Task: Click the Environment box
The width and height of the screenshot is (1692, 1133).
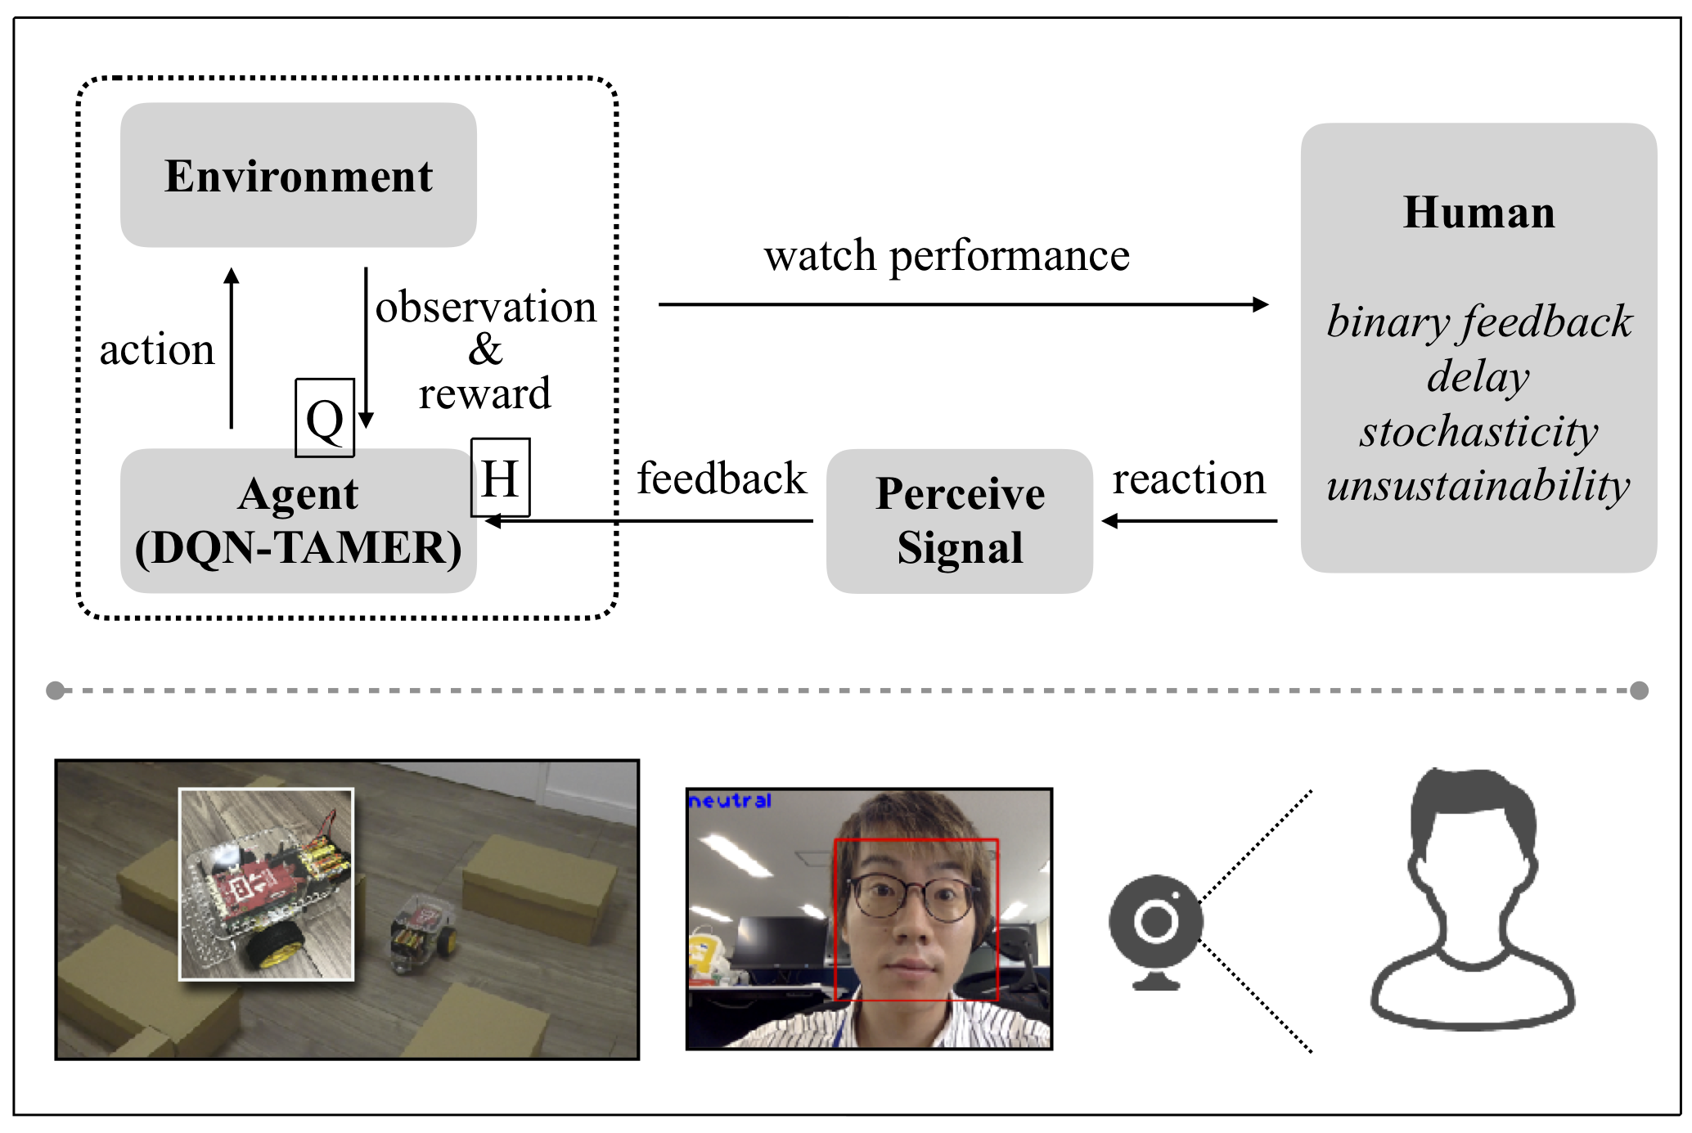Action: tap(298, 175)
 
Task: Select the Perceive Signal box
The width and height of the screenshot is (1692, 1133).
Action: tap(959, 520)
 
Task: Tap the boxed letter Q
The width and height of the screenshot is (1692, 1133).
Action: tap(325, 418)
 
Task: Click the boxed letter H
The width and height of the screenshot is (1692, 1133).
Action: tap(500, 478)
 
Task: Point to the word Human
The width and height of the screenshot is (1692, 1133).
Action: tap(1478, 213)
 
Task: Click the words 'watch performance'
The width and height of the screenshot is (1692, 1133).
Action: tap(947, 255)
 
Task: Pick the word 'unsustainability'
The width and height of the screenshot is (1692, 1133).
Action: tap(1478, 485)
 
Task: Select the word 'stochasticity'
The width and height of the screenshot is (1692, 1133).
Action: tap(1478, 431)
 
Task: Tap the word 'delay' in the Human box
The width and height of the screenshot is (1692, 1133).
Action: tap(1478, 376)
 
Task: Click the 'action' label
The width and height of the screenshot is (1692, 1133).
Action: tap(157, 349)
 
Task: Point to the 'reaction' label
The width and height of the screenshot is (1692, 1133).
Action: tap(1189, 479)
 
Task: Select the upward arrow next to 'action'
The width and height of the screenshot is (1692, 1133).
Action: tap(232, 348)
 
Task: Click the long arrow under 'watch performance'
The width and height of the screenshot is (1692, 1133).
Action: tap(962, 304)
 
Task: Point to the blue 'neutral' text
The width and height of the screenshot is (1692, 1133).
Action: tap(730, 801)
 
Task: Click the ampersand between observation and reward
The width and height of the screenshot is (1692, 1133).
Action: tap(485, 350)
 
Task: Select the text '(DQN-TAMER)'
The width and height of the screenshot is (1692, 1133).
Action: tap(298, 547)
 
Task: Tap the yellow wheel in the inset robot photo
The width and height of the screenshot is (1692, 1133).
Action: tap(270, 948)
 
